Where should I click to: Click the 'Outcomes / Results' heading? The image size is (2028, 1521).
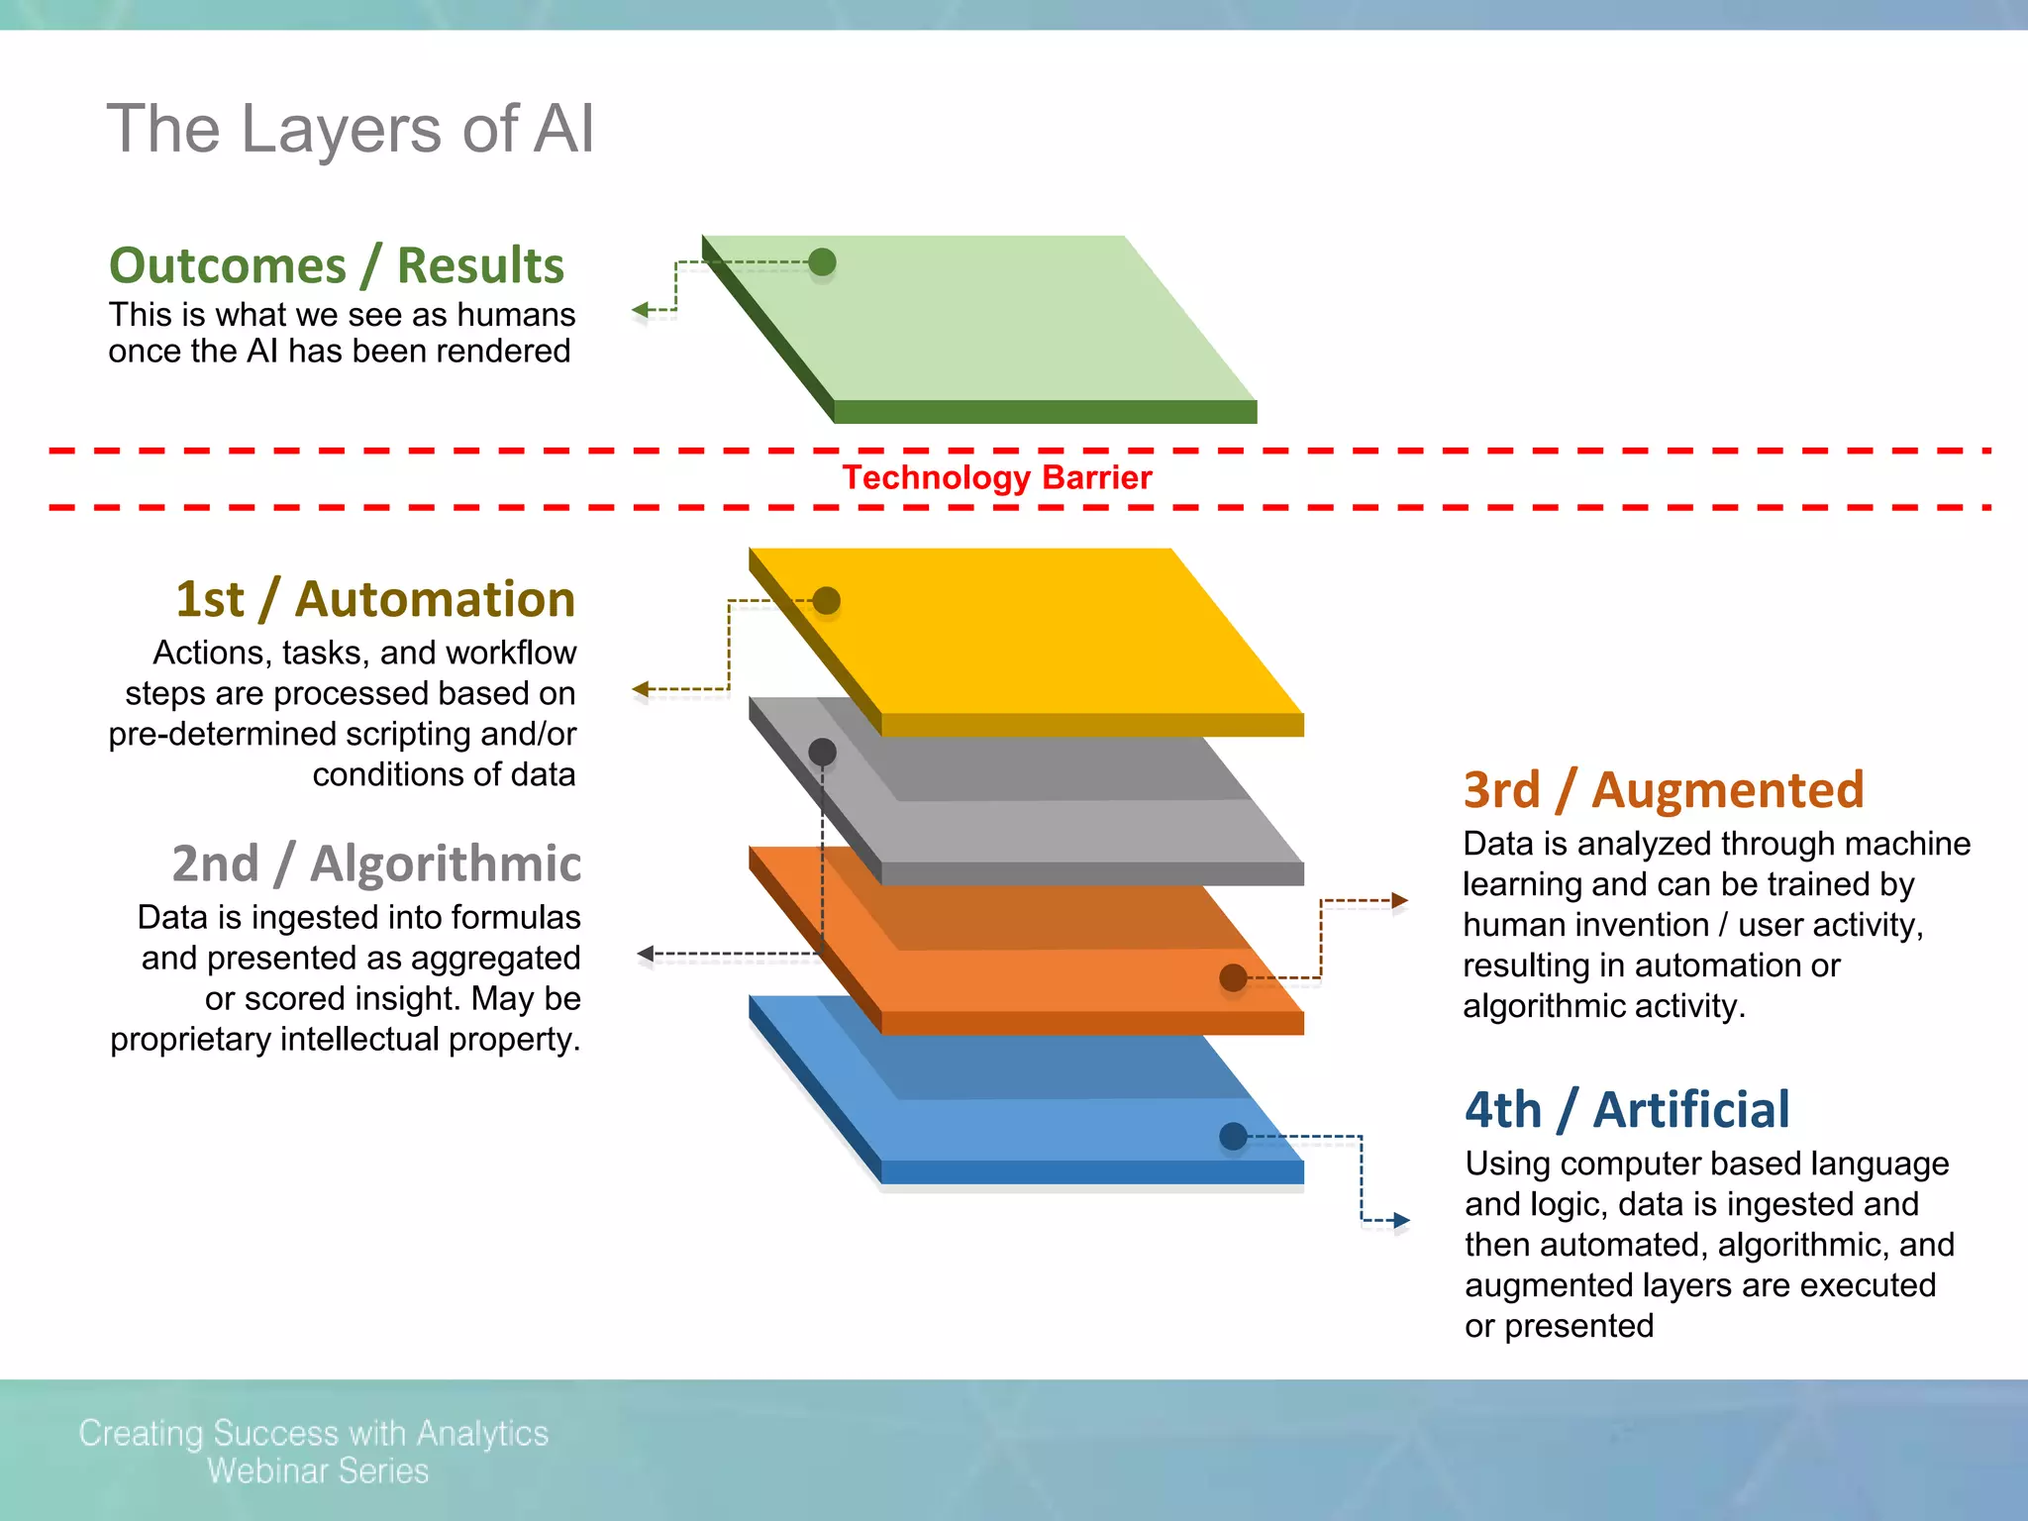(x=337, y=265)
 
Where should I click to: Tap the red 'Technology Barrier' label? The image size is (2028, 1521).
(x=996, y=478)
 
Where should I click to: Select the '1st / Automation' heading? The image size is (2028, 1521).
(x=375, y=599)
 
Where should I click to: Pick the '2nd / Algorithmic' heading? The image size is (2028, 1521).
(x=376, y=863)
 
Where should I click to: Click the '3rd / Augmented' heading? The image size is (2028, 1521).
(x=1664, y=790)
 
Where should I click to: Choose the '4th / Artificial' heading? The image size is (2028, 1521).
(x=1627, y=1109)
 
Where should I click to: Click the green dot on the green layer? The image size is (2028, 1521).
(x=822, y=262)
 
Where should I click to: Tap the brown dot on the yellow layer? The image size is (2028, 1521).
(x=826, y=600)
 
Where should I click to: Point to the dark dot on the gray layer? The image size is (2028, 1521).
(x=822, y=753)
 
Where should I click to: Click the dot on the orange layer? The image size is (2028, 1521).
(x=1233, y=977)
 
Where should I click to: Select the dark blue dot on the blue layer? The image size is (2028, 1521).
(x=1233, y=1136)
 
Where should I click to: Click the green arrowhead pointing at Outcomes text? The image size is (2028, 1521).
(x=641, y=311)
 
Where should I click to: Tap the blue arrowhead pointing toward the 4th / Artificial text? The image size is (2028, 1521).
(x=1401, y=1220)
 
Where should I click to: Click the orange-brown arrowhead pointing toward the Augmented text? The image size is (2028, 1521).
(x=1399, y=900)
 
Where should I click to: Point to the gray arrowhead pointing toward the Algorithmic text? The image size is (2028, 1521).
(x=646, y=954)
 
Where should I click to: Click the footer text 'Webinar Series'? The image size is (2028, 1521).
(x=318, y=1470)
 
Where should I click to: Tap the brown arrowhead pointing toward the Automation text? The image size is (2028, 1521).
(x=641, y=688)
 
